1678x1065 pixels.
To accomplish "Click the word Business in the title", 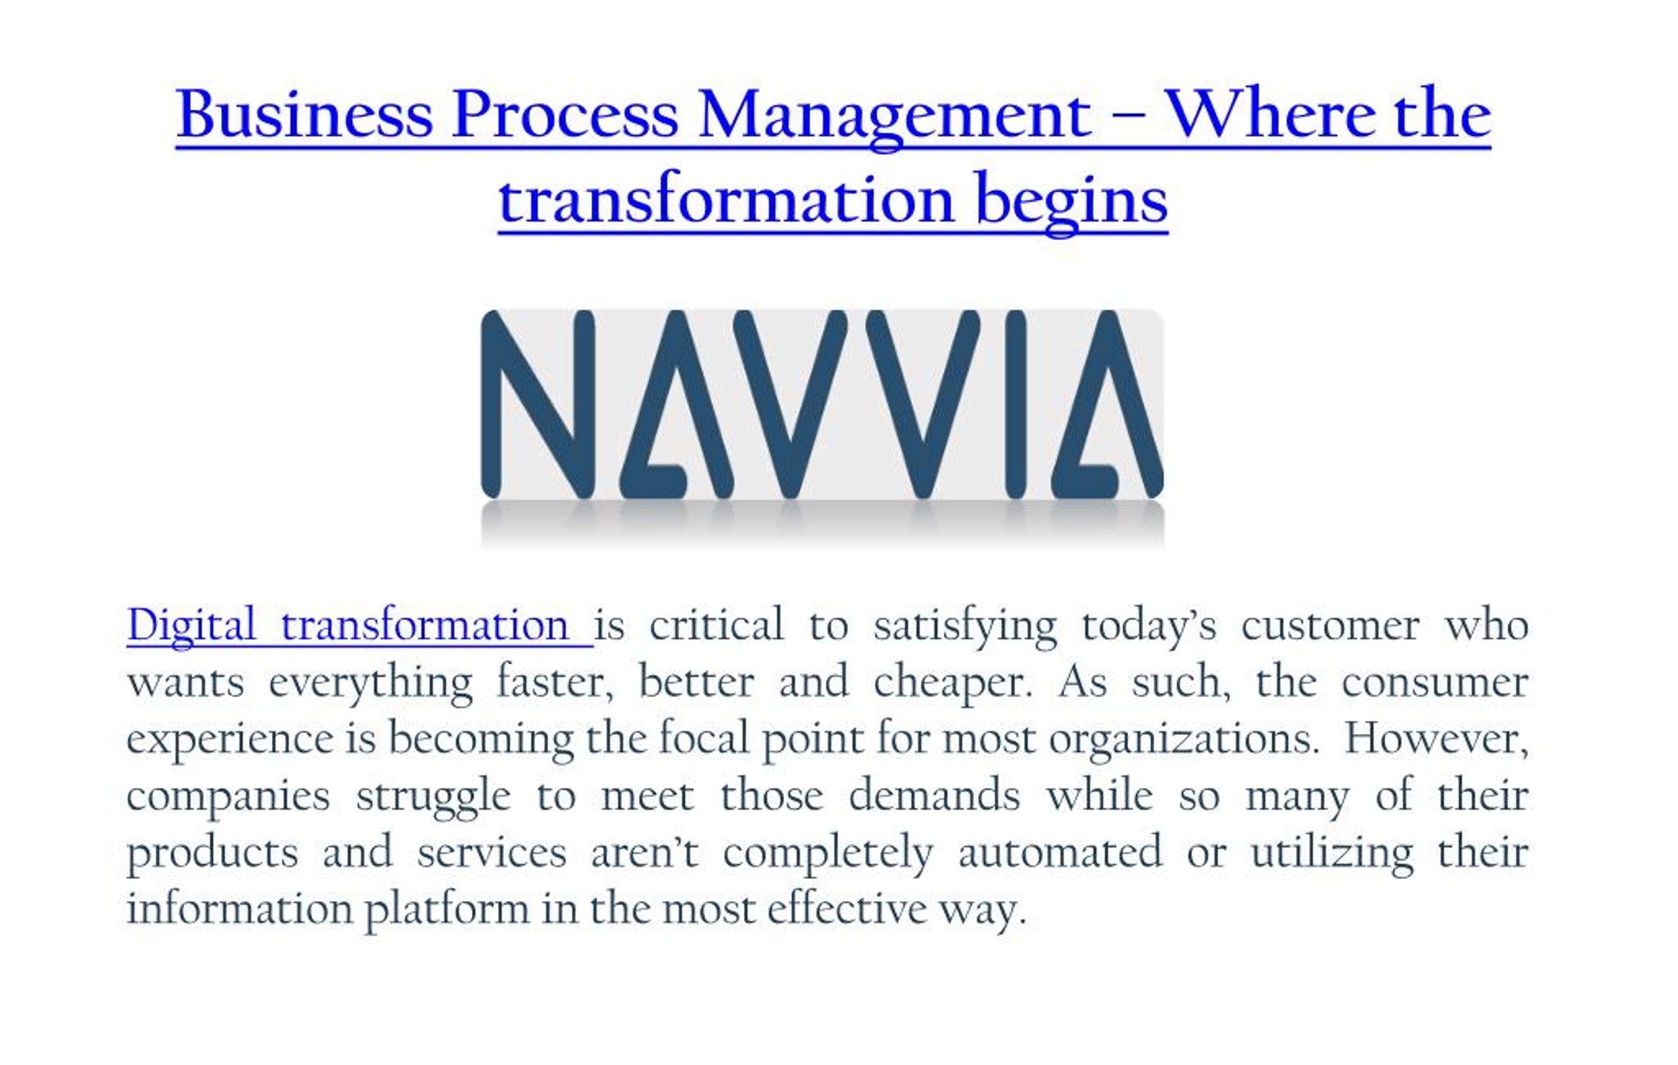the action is click(305, 113).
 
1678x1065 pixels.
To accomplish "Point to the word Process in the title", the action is click(564, 113).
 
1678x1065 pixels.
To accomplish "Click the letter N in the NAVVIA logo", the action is click(538, 404).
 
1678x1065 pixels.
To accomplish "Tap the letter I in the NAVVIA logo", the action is click(1015, 404).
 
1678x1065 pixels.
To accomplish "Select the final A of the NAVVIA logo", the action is click(1106, 404).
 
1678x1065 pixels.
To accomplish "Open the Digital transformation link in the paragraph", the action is click(360, 625).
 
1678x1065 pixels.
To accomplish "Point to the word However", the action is click(1437, 739).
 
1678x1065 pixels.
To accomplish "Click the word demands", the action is click(935, 796).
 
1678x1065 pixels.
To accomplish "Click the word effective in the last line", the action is click(848, 909).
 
